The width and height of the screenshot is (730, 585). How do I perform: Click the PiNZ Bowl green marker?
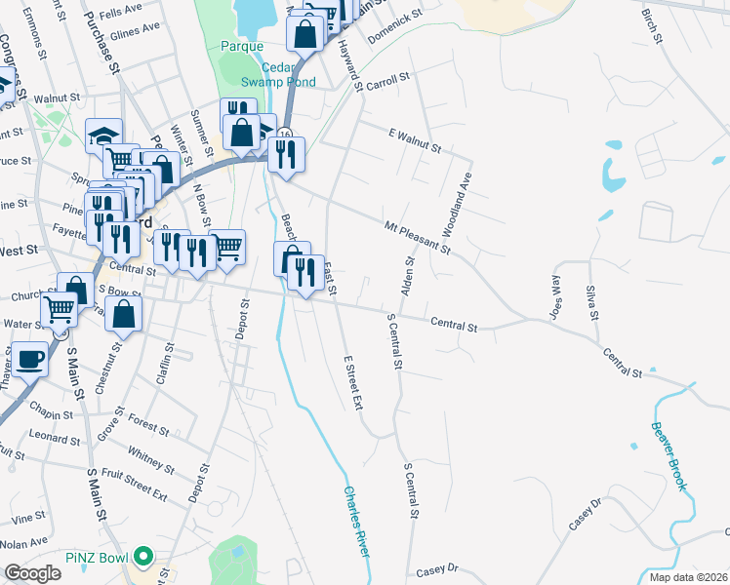(x=144, y=558)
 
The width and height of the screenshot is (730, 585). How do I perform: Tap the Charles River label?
(x=357, y=522)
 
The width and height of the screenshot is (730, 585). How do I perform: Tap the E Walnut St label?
(x=415, y=140)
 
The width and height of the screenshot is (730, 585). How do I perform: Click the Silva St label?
(x=589, y=301)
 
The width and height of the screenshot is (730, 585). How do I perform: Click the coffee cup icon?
(x=29, y=359)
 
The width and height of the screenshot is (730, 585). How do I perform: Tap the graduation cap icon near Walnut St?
(x=102, y=135)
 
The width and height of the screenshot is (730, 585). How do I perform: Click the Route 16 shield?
(x=284, y=134)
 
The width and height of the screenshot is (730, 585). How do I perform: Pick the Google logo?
(x=32, y=573)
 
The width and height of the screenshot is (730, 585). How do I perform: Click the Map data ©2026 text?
(x=687, y=577)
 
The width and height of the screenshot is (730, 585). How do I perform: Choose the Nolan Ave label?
(x=23, y=541)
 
